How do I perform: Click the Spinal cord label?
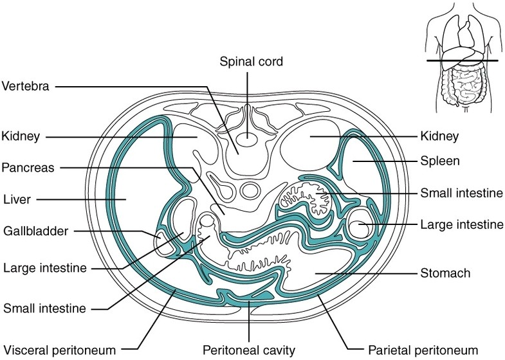tap(251, 62)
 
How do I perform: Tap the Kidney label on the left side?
tap(21, 136)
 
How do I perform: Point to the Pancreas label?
tap(27, 167)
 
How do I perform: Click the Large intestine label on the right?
tap(461, 224)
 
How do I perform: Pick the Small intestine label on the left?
tap(44, 309)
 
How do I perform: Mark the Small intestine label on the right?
tap(461, 192)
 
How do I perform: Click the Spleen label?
tap(439, 161)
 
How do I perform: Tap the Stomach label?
tap(445, 273)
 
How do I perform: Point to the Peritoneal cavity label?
tap(248, 350)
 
